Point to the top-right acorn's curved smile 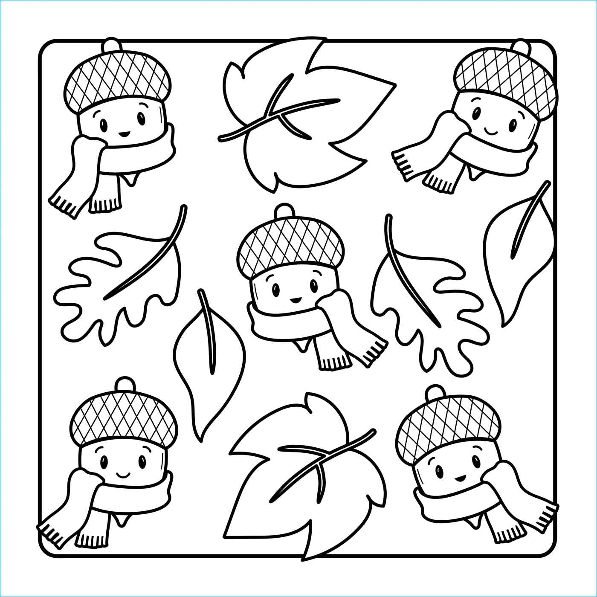[x=493, y=129]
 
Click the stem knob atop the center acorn [x=285, y=211]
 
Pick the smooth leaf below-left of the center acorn [x=209, y=362]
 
